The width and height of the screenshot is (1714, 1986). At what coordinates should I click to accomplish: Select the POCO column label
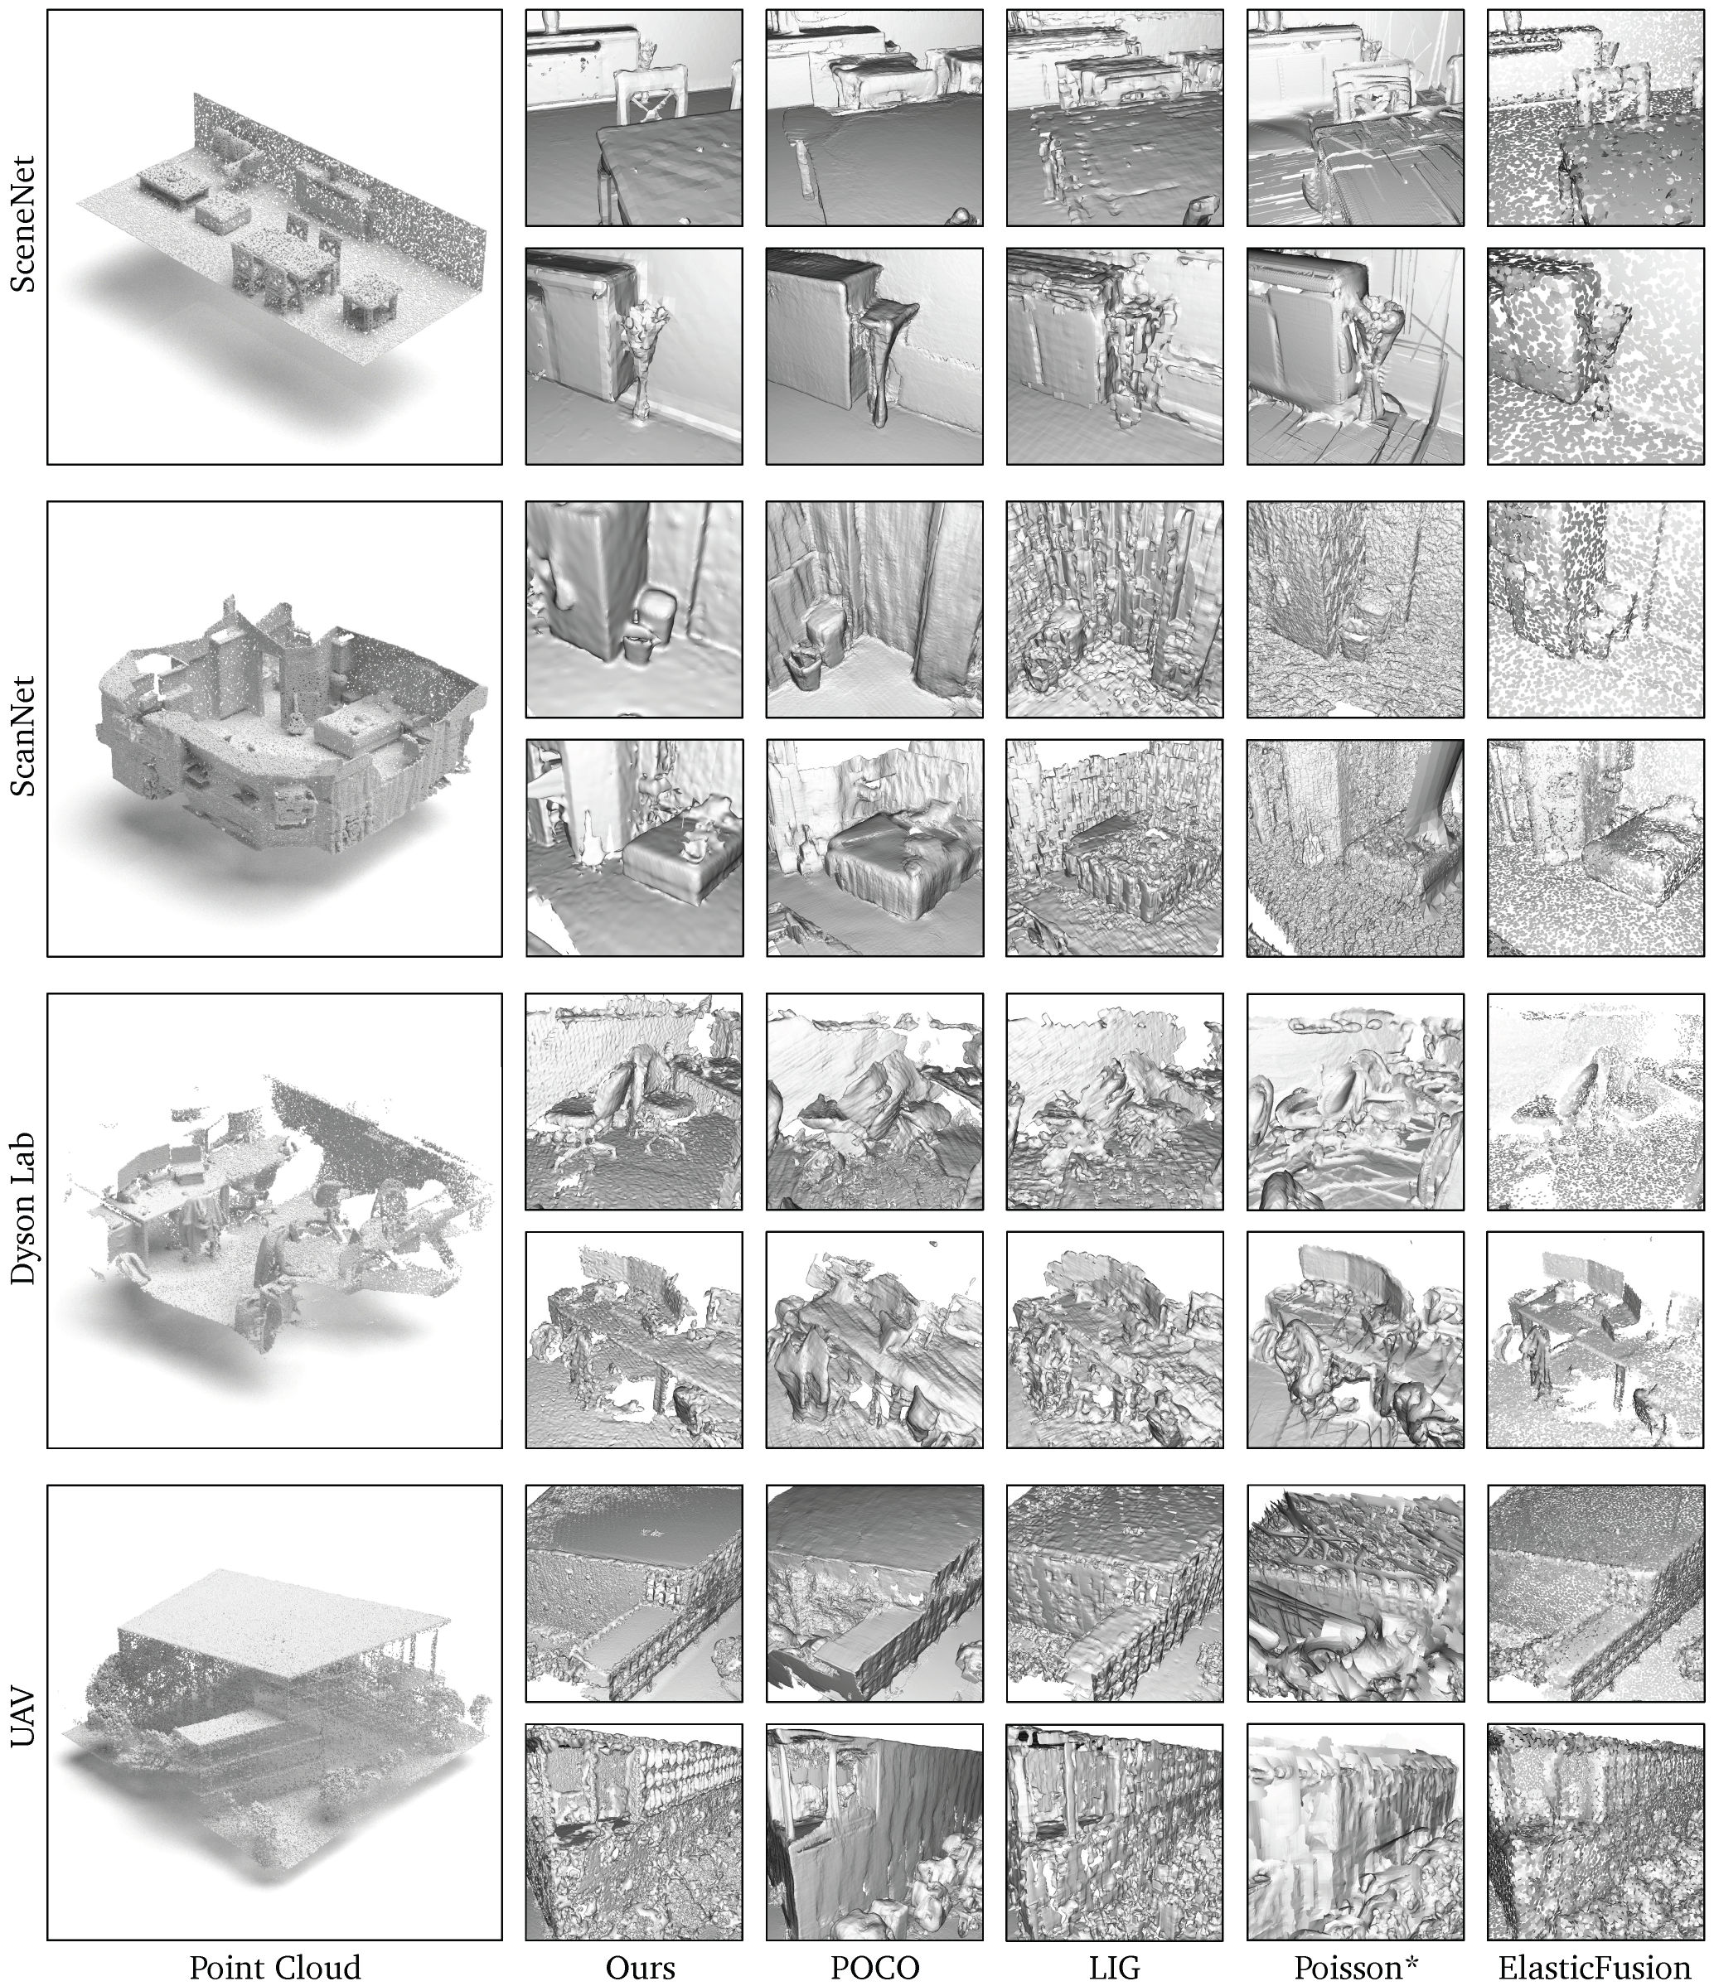[874, 1967]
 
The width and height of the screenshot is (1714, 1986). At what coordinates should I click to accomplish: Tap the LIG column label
[1114, 1967]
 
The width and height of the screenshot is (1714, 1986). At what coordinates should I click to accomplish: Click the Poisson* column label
[1355, 1967]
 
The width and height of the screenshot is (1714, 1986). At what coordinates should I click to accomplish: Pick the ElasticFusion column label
[1594, 1967]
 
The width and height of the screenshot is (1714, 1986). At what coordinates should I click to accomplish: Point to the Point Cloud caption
[274, 1967]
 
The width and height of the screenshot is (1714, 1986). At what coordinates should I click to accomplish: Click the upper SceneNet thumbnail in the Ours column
[634, 118]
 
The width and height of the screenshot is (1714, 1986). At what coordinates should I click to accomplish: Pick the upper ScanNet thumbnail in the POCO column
[874, 609]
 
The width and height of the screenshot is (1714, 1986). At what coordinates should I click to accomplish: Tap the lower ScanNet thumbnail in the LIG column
[1114, 848]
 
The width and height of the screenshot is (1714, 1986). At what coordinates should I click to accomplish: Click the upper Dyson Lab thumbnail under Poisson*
[1354, 1101]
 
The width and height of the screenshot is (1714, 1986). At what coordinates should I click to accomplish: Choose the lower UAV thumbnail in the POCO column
[874, 1832]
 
